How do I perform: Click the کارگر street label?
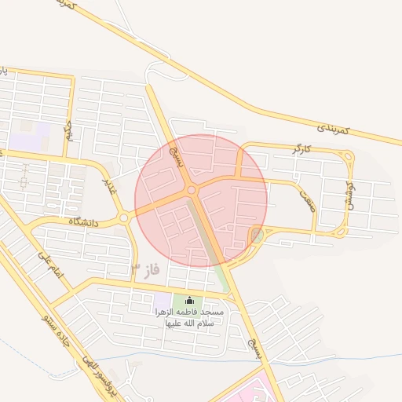[301, 148]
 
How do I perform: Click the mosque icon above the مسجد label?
[188, 301]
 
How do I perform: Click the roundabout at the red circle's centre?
[192, 190]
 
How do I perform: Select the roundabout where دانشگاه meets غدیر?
[124, 217]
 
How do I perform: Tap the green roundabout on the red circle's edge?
[257, 234]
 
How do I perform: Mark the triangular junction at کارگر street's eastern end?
[345, 156]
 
